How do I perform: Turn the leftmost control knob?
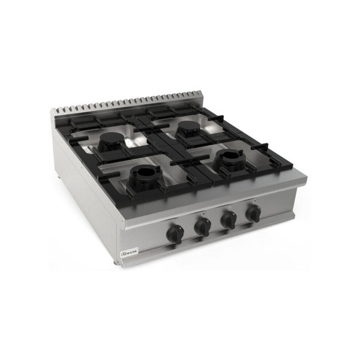click(x=175, y=235)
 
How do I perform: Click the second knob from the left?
click(x=203, y=227)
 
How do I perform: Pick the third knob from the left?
click(x=229, y=220)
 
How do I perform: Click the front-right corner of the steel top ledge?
click(x=305, y=178)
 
